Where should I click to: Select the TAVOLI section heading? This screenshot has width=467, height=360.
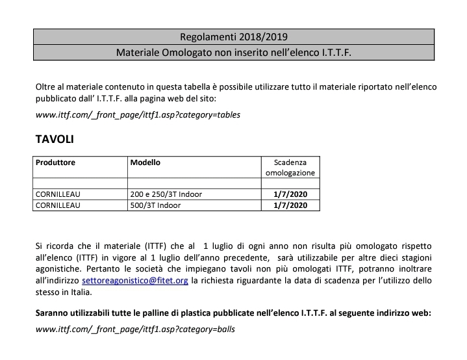click(55, 140)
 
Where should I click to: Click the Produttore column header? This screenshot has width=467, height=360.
click(55, 162)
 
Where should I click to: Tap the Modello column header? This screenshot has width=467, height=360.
click(145, 162)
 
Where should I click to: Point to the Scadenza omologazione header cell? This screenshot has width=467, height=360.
click(290, 168)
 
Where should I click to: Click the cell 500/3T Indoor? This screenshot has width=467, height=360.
click(155, 205)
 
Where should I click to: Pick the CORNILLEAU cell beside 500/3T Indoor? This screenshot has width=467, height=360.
click(58, 205)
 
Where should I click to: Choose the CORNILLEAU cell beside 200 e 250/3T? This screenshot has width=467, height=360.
click(58, 194)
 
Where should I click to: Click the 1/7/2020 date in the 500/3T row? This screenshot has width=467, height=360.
click(290, 205)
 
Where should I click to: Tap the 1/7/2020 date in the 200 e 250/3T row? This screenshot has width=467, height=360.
click(290, 194)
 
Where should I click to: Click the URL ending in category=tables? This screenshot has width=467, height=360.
click(138, 115)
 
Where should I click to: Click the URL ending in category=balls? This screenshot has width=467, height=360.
click(135, 329)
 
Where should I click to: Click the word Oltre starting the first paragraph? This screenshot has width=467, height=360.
click(47, 87)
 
